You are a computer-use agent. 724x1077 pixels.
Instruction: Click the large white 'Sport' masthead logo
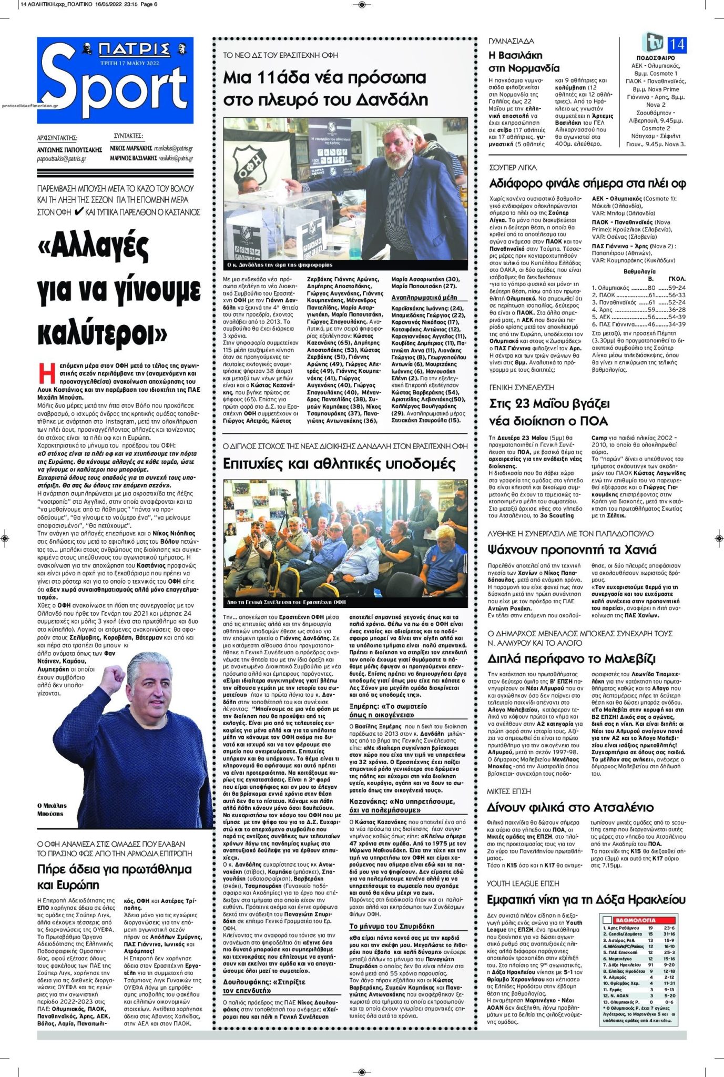[x=115, y=84]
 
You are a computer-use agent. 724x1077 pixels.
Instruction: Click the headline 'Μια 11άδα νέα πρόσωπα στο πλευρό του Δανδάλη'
[x=325, y=88]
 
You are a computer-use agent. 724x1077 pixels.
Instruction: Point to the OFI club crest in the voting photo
[x=247, y=163]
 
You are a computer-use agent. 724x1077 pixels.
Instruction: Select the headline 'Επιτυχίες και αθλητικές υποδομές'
[x=339, y=464]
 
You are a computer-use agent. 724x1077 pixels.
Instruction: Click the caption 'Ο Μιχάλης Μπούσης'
[x=51, y=809]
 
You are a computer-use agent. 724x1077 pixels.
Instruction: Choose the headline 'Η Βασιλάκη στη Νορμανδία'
[x=524, y=62]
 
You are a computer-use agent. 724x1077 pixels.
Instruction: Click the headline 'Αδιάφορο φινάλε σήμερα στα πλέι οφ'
[x=587, y=184]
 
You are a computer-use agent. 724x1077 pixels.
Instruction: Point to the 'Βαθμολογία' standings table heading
[x=639, y=271]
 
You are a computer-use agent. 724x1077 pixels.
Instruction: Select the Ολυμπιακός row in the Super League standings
[x=639, y=288]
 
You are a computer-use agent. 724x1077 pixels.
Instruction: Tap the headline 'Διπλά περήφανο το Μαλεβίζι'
[x=572, y=658]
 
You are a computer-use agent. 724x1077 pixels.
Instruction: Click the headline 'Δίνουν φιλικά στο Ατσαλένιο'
[x=570, y=807]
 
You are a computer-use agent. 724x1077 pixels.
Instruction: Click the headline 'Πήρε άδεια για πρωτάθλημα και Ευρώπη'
[x=115, y=877]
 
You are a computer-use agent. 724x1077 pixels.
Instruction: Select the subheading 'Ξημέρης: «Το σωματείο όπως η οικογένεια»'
[x=388, y=710]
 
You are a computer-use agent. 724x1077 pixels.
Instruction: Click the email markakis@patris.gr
[x=174, y=149]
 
